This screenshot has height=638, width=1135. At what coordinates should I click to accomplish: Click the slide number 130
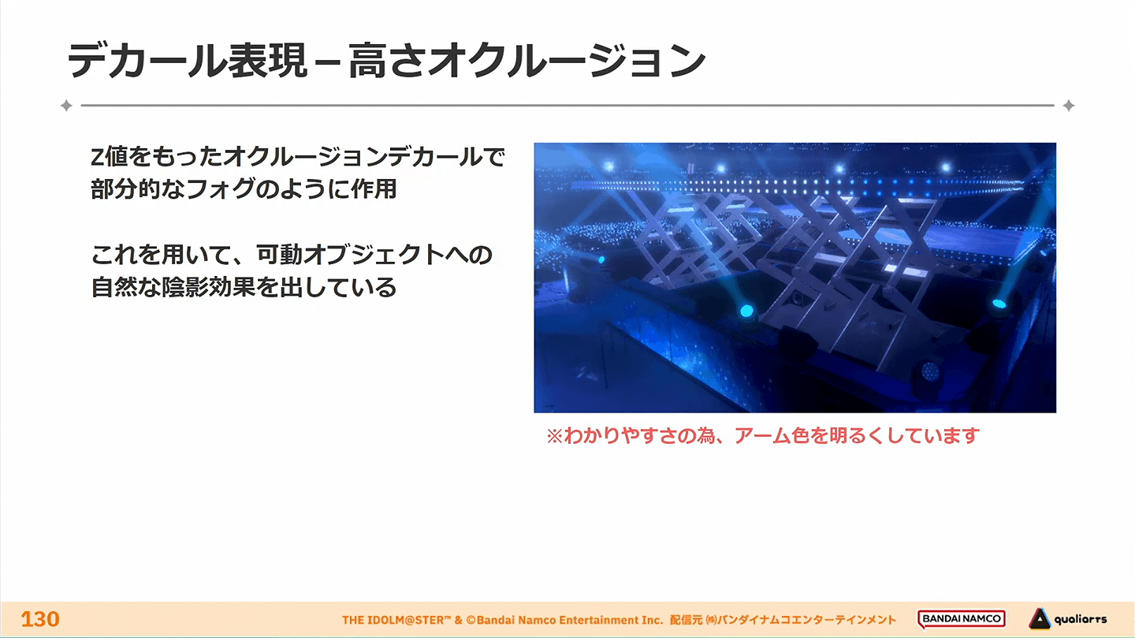point(40,619)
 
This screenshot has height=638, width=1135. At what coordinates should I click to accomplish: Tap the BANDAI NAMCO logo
point(962,619)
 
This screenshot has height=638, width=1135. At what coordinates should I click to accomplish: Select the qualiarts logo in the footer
point(1068,619)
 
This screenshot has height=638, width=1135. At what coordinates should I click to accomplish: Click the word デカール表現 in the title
point(188,61)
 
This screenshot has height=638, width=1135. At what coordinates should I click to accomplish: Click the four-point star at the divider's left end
point(66,106)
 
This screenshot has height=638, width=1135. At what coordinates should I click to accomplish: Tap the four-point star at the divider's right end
point(1069,106)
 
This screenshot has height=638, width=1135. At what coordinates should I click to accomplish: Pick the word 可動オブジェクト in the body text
point(351,254)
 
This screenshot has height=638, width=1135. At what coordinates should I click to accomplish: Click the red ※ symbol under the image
point(555,436)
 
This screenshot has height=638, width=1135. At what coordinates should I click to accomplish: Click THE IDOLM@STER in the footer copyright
point(393,620)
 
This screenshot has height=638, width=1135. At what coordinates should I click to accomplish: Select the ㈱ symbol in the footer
point(712,620)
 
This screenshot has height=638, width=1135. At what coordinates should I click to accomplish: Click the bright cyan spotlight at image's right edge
point(999,304)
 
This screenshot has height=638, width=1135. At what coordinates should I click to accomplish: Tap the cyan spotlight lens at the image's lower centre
point(746,311)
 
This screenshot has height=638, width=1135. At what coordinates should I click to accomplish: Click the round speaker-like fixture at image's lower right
point(930,371)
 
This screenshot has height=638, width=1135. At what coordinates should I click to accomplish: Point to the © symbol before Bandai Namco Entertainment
point(471,620)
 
